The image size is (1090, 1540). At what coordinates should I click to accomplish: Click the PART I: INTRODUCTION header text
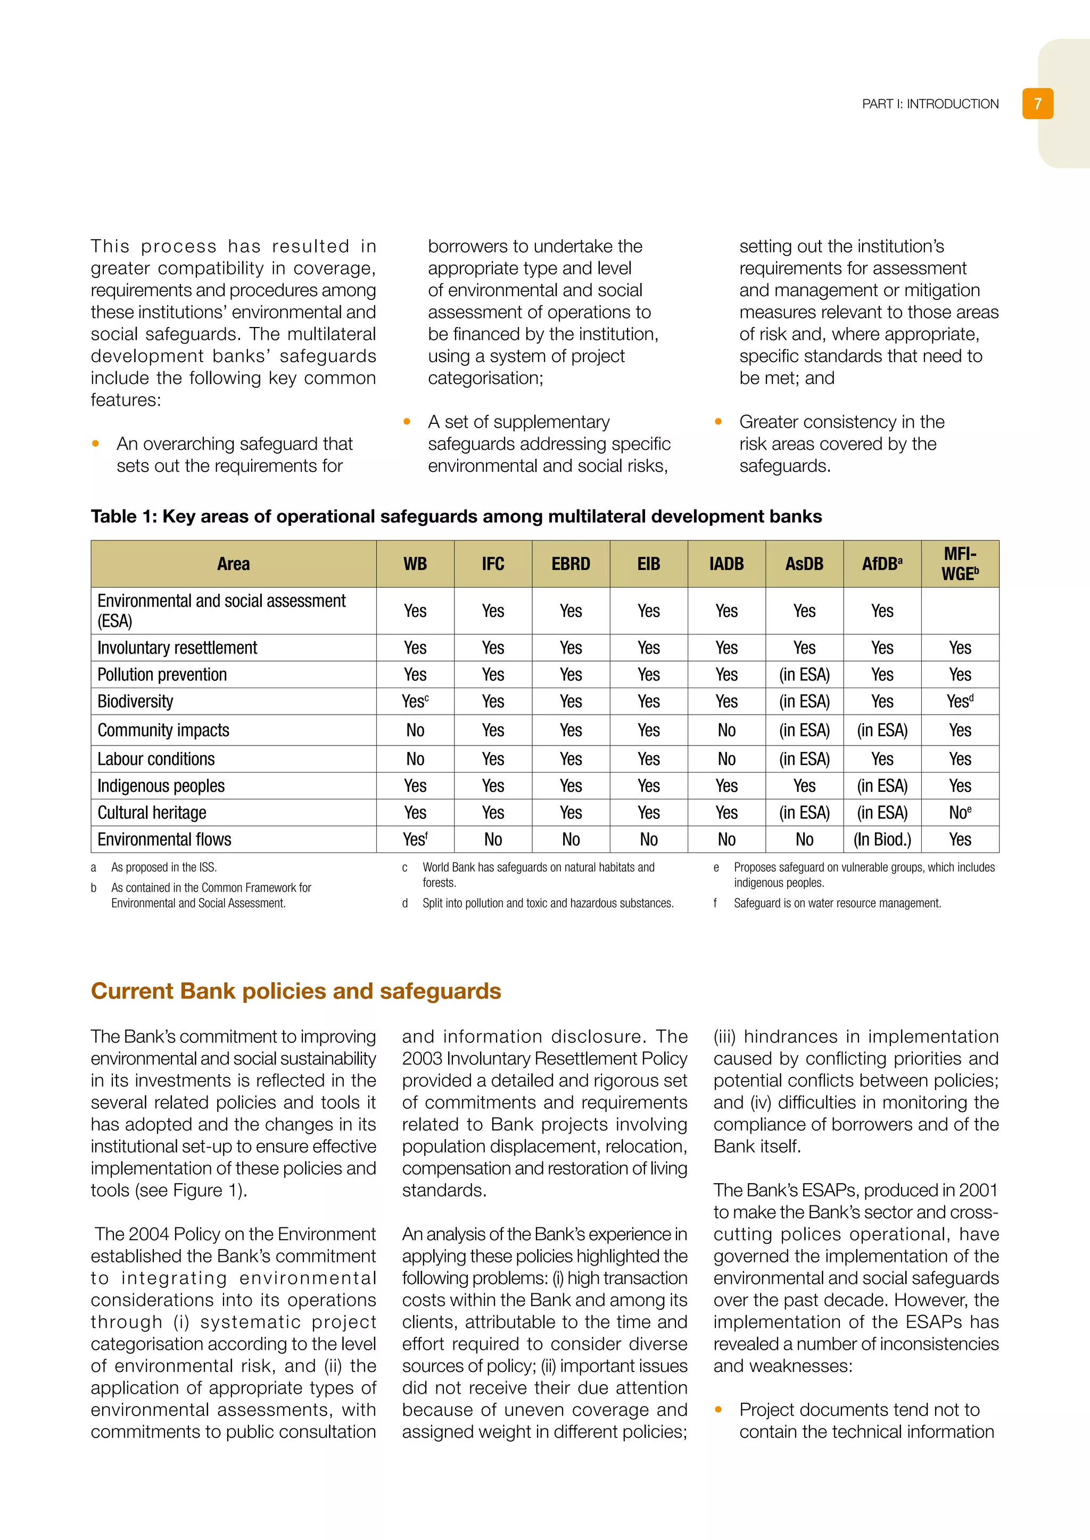point(930,104)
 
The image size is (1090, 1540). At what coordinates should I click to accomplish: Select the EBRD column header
point(571,564)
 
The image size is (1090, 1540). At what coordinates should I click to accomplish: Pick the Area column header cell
point(233,564)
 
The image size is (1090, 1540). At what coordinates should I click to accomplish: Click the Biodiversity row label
point(136,701)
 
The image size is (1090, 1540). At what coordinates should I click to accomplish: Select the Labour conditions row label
point(156,759)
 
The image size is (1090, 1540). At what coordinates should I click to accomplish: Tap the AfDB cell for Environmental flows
point(882,840)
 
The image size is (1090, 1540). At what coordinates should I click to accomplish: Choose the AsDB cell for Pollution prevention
point(804,675)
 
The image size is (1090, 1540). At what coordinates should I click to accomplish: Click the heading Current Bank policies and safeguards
point(296,991)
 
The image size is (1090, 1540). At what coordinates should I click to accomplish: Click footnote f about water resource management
point(837,903)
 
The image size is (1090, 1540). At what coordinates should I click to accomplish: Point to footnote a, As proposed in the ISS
point(164,867)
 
